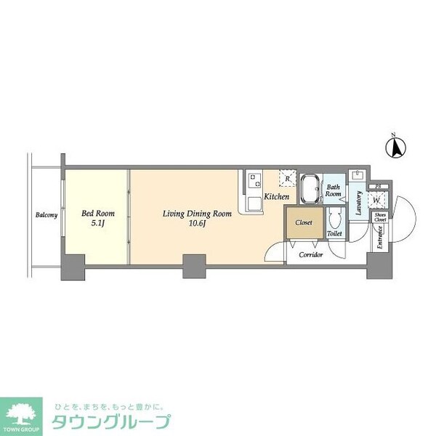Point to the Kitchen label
[276, 197]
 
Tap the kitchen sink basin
[254, 203]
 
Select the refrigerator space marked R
[288, 178]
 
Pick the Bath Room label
[334, 191]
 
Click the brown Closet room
[304, 223]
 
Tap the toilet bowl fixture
[335, 219]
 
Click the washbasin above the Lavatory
[358, 177]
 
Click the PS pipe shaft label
[378, 187]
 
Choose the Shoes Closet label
[379, 217]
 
